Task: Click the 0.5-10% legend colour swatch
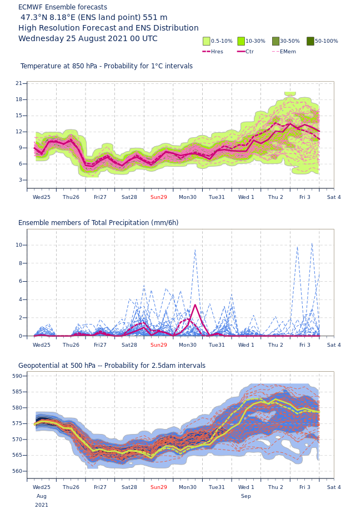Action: coord(207,41)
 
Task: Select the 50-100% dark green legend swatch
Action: coord(310,41)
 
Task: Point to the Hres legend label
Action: coord(217,52)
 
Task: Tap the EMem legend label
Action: coord(288,52)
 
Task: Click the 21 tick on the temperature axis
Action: coord(19,83)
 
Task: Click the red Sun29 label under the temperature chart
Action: coord(159,197)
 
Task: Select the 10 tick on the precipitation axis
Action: coord(19,245)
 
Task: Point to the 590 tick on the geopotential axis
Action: coord(17,376)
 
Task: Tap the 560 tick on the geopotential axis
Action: coord(17,471)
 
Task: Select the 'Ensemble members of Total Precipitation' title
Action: coord(98,223)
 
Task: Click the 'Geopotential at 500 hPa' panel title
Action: coord(112,366)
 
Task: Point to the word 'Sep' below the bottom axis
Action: coord(246,496)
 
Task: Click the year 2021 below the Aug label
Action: coord(42,505)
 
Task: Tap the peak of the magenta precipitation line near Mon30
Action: coord(195,305)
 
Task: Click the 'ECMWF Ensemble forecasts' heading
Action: coord(63,7)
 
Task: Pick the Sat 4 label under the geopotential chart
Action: coord(334,487)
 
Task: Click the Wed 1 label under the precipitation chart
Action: coord(246,345)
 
